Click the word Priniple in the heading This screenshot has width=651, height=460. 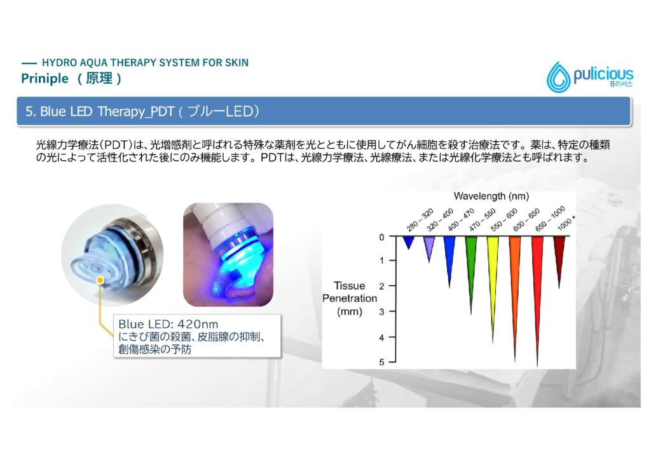point(45,78)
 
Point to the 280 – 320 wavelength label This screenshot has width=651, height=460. point(420,219)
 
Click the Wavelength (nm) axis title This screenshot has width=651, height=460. point(491,196)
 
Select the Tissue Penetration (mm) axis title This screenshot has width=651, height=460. point(350,299)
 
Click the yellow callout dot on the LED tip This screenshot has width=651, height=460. point(100,280)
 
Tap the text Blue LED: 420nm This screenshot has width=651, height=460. point(168,324)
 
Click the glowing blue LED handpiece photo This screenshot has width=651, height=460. point(228,255)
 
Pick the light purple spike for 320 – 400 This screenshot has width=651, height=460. point(429,249)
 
